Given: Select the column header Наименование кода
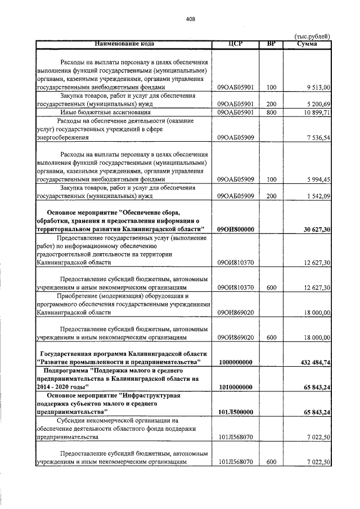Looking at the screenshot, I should pyautogui.click(x=124, y=43).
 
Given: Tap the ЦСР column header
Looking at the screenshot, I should pyautogui.click(x=235, y=43).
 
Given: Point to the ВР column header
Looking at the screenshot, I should pyautogui.click(x=272, y=43).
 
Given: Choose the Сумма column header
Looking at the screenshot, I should pyautogui.click(x=308, y=43).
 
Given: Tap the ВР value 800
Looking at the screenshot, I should pyautogui.click(x=272, y=112).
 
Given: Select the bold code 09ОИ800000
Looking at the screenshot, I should pyautogui.click(x=236, y=229).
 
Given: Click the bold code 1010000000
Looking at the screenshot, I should pyautogui.click(x=236, y=388).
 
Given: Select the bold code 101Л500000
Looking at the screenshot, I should pyautogui.click(x=236, y=412).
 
